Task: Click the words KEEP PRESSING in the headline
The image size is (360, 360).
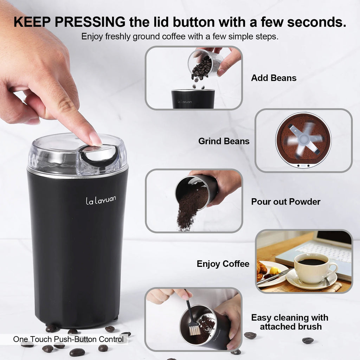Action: tap(69, 22)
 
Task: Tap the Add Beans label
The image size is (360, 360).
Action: tap(274, 78)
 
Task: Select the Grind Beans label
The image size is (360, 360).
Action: tap(224, 141)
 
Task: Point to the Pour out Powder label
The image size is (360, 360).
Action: tap(285, 202)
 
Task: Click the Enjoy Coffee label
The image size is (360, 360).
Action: tap(223, 264)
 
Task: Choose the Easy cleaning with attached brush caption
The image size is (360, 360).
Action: tap(289, 322)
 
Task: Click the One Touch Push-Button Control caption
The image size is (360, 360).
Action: tap(68, 339)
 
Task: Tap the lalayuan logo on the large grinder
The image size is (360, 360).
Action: tap(101, 200)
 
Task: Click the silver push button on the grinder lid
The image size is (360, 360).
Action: tap(101, 154)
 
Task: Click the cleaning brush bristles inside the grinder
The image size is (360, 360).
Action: tap(195, 330)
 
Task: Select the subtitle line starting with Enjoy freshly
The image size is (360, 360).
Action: tap(180, 37)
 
